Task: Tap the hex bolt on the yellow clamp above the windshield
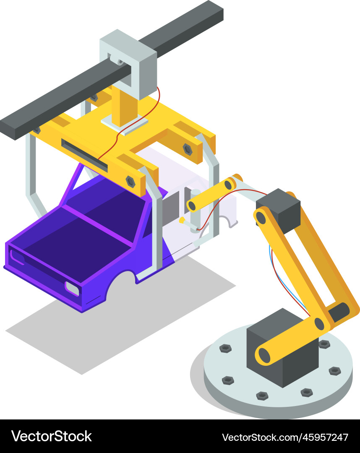[x=130, y=181]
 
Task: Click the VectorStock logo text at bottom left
[x=51, y=436]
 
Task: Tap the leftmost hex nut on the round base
[x=226, y=348]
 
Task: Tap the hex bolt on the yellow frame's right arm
[x=188, y=149]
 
